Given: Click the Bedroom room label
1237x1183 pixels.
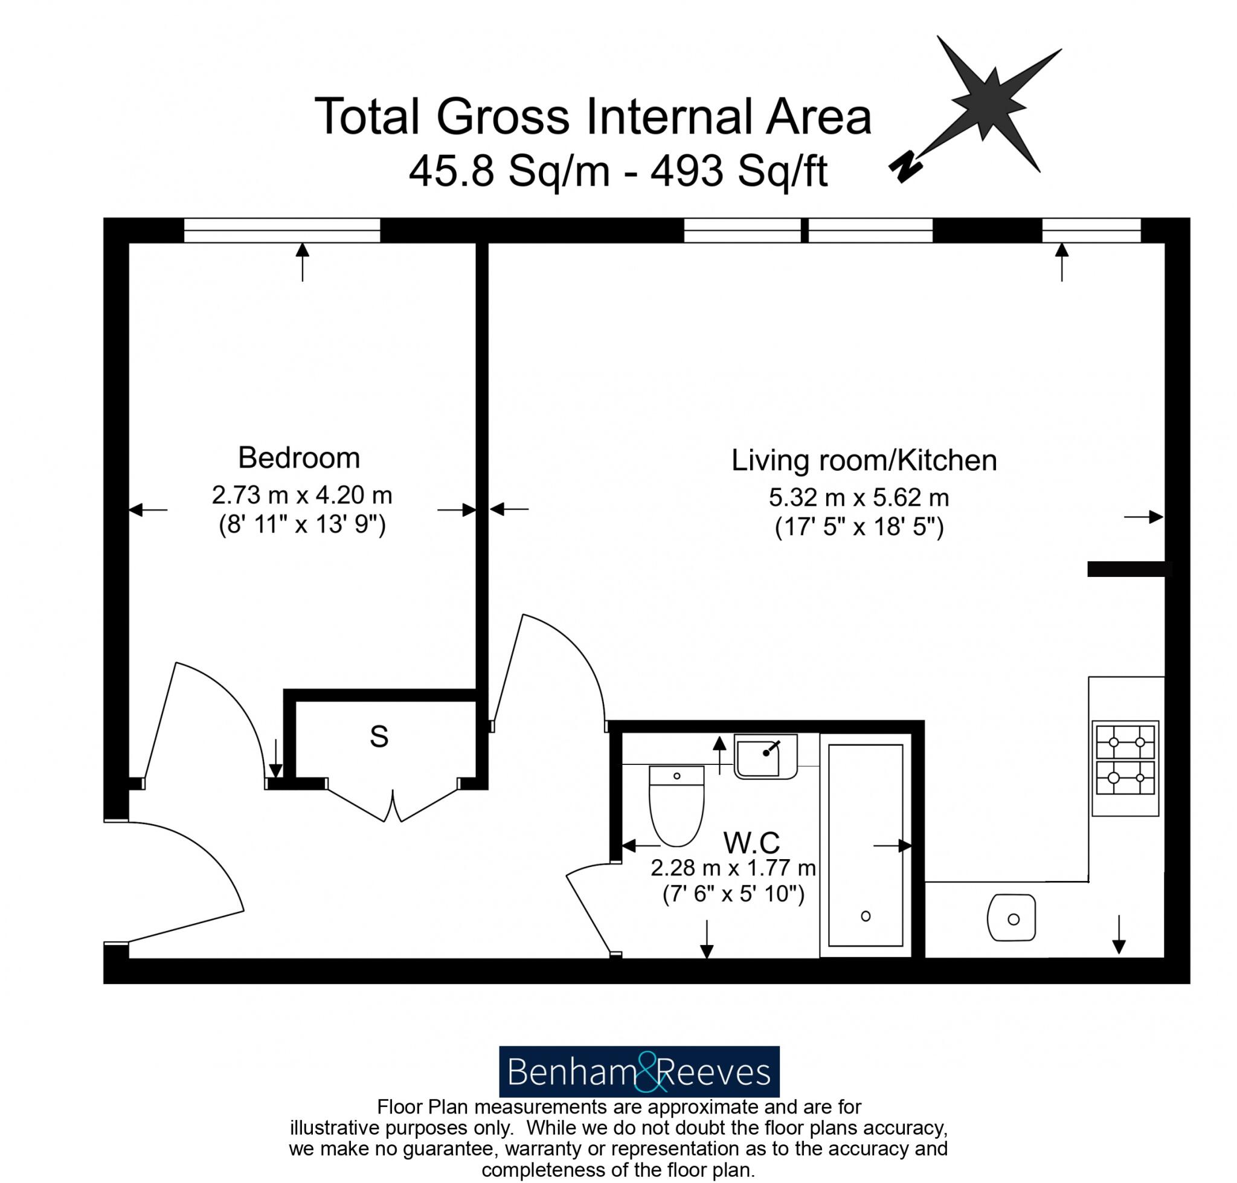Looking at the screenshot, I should tap(298, 458).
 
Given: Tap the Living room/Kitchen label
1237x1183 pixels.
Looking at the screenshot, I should tap(863, 460).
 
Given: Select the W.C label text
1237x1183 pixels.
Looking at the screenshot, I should tap(751, 843).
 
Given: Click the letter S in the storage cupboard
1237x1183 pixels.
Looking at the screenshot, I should tap(378, 736).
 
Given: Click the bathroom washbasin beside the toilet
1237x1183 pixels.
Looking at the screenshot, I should tap(765, 756).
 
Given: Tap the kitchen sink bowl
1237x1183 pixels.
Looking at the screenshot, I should tap(1011, 918).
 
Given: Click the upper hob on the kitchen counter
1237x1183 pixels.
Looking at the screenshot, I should tap(1125, 742).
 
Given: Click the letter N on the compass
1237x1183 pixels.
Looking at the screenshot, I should tap(905, 168).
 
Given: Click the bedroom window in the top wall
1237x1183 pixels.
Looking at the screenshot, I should tap(282, 230).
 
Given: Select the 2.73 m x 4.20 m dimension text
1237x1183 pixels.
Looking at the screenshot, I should tap(301, 495).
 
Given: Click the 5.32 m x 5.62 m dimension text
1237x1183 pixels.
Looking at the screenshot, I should tap(858, 498).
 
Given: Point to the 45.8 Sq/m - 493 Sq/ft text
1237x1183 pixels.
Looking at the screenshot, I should tap(617, 172).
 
